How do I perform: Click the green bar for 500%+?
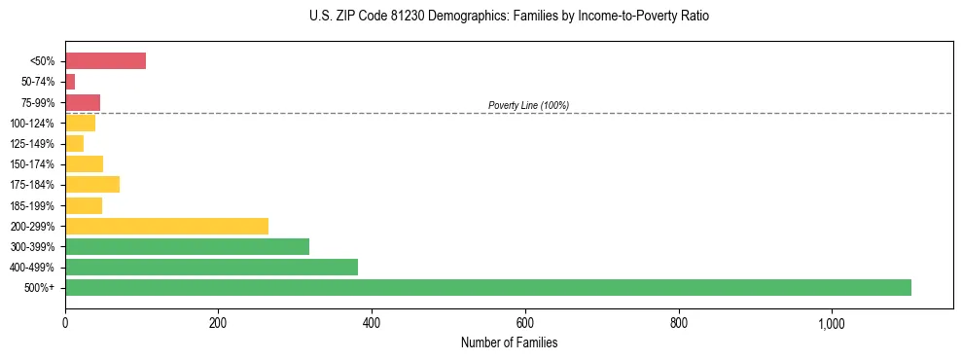pyautogui.click(x=487, y=287)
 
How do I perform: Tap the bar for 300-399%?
pyautogui.click(x=187, y=246)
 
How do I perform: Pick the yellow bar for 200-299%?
pyautogui.click(x=166, y=226)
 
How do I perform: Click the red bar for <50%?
pyautogui.click(x=105, y=61)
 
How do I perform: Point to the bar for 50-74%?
pyautogui.click(x=70, y=82)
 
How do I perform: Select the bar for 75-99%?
pyautogui.click(x=83, y=102)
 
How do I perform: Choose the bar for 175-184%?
pyautogui.click(x=92, y=184)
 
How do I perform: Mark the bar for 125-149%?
pyautogui.click(x=74, y=143)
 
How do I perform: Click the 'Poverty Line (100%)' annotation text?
pyautogui.click(x=528, y=105)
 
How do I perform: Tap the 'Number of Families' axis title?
pyautogui.click(x=509, y=342)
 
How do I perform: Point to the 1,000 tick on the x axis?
pyautogui.click(x=832, y=323)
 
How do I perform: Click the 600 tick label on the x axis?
pyautogui.click(x=525, y=323)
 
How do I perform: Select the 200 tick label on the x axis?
pyautogui.click(x=218, y=323)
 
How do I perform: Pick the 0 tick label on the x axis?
pyautogui.click(x=65, y=323)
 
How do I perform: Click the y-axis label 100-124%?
pyautogui.click(x=33, y=124)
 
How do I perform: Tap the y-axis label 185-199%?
pyautogui.click(x=33, y=205)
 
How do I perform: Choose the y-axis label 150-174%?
pyautogui.click(x=33, y=164)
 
